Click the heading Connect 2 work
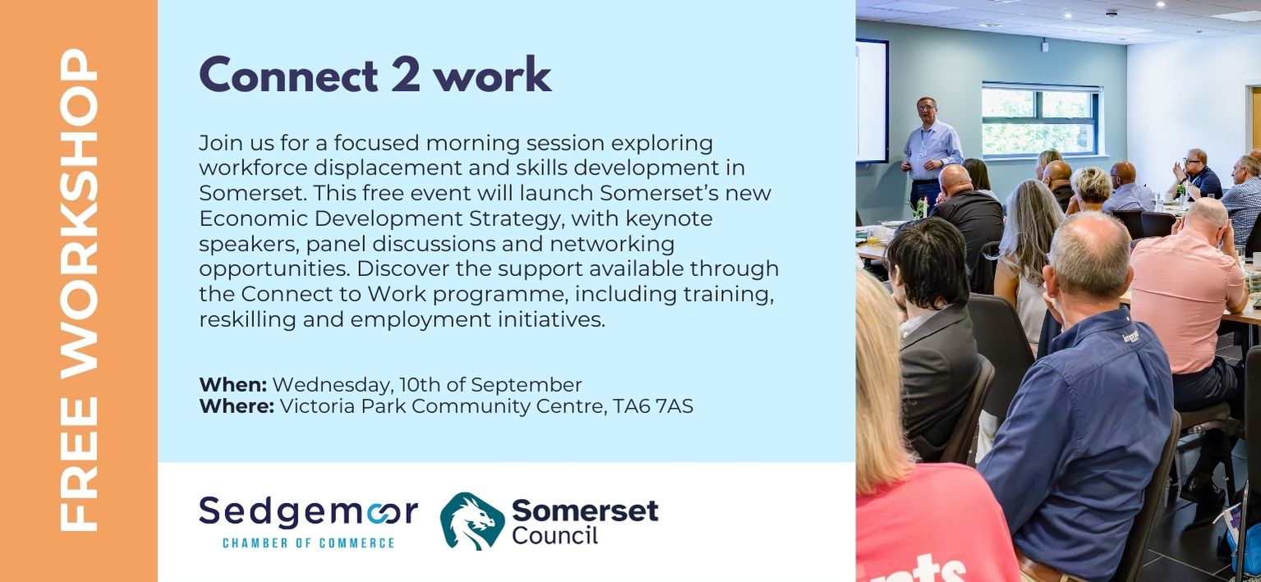[375, 74]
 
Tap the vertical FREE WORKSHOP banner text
[79, 290]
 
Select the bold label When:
[233, 385]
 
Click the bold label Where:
[237, 406]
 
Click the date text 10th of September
[490, 385]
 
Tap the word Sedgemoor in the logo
[309, 512]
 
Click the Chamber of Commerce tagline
[309, 543]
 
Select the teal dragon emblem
[472, 520]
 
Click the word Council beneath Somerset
[555, 536]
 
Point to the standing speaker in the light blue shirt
[930, 152]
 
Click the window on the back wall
[1040, 120]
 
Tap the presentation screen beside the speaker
[872, 100]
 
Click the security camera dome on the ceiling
[1111, 12]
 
